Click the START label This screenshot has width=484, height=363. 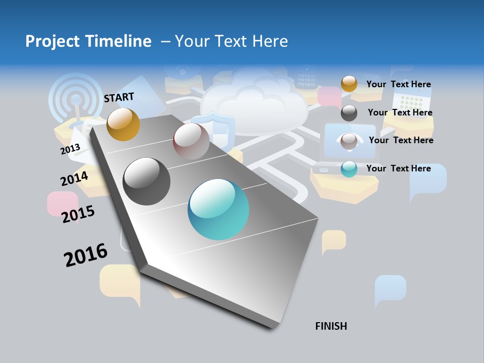[119, 97]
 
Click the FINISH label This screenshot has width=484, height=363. [331, 326]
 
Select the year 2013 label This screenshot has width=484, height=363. [70, 149]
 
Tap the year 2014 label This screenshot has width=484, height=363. [74, 178]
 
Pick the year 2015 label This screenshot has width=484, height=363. [78, 214]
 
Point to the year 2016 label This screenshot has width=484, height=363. [86, 255]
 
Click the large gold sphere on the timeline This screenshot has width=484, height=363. [123, 124]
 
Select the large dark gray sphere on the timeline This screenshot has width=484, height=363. [147, 181]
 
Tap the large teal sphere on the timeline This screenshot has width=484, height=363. [218, 209]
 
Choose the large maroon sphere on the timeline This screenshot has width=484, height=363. [191, 141]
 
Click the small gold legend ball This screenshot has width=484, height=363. [349, 84]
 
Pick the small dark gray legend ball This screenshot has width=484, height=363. [349, 113]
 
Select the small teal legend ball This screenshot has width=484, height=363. [349, 169]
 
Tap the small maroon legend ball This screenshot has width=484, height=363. [349, 141]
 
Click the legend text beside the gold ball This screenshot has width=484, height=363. [398, 84]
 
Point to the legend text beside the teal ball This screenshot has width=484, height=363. [398, 168]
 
